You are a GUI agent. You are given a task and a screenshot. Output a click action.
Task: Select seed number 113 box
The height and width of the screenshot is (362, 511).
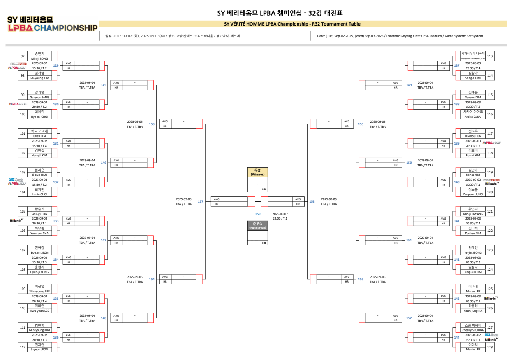(x=490, y=56)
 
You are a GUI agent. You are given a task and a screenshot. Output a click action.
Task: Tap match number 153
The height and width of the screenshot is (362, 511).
(x=152, y=124)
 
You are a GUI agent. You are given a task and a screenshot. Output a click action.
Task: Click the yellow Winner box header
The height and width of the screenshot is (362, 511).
(x=258, y=172)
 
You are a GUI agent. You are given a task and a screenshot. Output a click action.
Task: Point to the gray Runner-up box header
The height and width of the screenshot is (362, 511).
(x=258, y=225)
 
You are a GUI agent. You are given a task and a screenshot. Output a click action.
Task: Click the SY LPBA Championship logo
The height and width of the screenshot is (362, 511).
(x=52, y=24)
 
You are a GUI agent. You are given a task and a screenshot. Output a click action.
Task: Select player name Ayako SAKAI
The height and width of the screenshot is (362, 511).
(x=470, y=117)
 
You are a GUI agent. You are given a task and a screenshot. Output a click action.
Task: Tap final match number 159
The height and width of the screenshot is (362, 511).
(x=257, y=214)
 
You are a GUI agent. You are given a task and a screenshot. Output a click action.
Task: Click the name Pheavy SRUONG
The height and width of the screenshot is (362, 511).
(x=470, y=330)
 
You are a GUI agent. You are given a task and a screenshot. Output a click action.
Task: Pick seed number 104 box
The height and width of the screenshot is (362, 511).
(x=23, y=192)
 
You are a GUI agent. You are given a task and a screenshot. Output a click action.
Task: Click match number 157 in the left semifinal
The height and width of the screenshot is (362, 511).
(x=200, y=201)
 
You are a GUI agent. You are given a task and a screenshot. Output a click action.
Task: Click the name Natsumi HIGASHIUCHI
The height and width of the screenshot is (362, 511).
(x=470, y=58)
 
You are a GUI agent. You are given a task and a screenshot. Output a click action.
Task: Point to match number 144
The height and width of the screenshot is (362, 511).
(x=457, y=337)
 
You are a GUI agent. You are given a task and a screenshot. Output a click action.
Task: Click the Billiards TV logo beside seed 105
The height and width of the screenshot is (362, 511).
(x=16, y=221)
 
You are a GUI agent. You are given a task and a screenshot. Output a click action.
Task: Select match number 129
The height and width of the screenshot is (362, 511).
(x=56, y=65)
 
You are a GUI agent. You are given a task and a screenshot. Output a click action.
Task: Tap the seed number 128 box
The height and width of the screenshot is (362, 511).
(x=490, y=347)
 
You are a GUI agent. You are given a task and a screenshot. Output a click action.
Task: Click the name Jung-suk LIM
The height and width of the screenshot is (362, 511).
(x=470, y=272)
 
